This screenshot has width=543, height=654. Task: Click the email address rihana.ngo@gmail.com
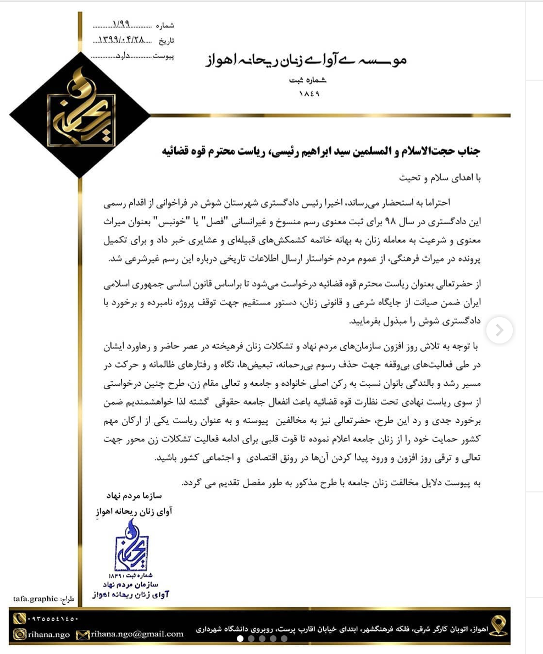point(137,634)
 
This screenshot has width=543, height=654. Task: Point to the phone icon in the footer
point(20,619)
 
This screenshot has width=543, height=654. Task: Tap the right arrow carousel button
point(499,330)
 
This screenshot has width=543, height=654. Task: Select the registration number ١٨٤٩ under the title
point(309,94)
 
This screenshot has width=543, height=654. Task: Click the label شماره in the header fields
point(165,26)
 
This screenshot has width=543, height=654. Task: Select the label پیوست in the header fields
point(163,56)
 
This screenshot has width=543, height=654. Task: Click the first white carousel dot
point(240,639)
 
